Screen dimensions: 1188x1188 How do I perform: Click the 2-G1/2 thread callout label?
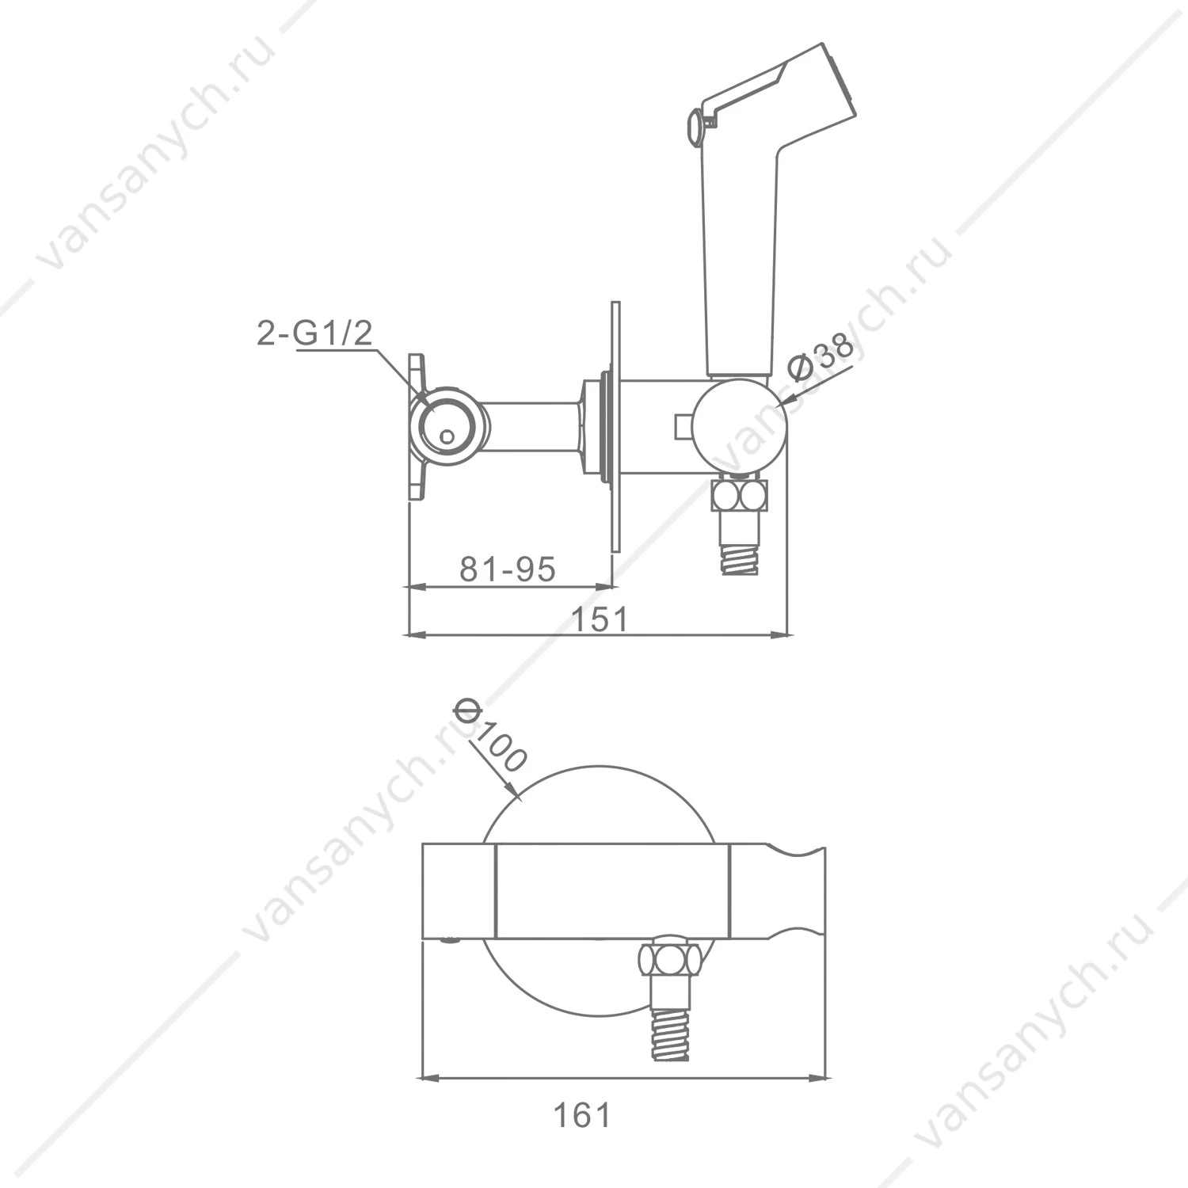click(314, 333)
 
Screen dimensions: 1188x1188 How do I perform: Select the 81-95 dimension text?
click(508, 568)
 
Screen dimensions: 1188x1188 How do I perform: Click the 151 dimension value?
click(600, 619)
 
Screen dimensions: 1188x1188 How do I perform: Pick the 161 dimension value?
click(582, 1115)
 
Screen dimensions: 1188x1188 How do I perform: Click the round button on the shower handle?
click(693, 127)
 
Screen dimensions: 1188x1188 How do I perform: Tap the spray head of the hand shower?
click(824, 79)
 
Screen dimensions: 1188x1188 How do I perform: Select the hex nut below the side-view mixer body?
click(738, 497)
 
